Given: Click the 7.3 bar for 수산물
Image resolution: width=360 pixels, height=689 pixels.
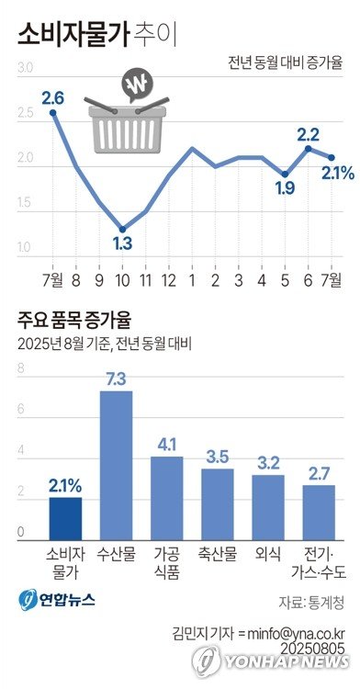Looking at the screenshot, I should pyautogui.click(x=116, y=464).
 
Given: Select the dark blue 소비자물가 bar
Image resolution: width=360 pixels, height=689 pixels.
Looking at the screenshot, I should pyautogui.click(x=64, y=516).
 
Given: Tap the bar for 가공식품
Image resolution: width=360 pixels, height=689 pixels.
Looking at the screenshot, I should pyautogui.click(x=167, y=496).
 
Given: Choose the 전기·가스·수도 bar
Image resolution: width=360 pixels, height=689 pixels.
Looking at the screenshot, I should pyautogui.click(x=319, y=511).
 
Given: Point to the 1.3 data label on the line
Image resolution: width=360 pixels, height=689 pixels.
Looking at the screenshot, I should pyautogui.click(x=121, y=243).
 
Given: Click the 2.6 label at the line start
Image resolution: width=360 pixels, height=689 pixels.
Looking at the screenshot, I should pyautogui.click(x=52, y=96).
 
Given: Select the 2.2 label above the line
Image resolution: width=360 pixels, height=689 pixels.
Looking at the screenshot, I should pyautogui.click(x=309, y=134).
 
